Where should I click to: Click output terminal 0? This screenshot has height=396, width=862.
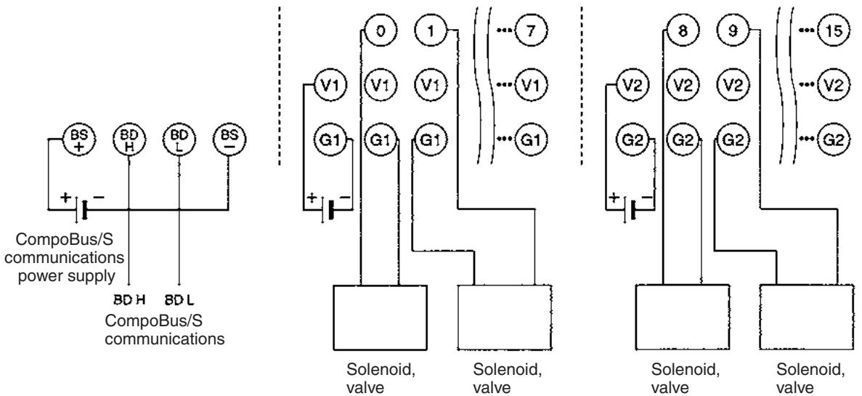pyautogui.click(x=380, y=31)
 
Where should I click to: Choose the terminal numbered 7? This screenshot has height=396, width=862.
pyautogui.click(x=531, y=31)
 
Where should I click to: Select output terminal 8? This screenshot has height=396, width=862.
pyautogui.click(x=682, y=31)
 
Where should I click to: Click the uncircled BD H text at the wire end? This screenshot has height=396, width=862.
pyautogui.click(x=129, y=300)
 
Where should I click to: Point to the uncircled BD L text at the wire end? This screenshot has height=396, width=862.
pyautogui.click(x=179, y=300)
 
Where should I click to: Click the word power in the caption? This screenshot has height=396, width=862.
pyautogui.click(x=40, y=276)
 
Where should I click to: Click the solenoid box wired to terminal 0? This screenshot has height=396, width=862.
pyautogui.click(x=381, y=318)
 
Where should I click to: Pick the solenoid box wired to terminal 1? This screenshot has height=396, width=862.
pyautogui.click(x=505, y=318)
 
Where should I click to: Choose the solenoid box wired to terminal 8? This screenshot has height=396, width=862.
pyautogui.click(x=683, y=318)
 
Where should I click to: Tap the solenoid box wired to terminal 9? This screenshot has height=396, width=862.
pyautogui.click(x=807, y=318)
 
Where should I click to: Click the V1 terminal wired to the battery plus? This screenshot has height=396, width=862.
pyautogui.click(x=329, y=85)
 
